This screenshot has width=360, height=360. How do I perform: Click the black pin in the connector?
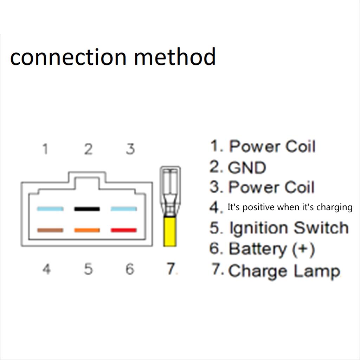click(x=87, y=209)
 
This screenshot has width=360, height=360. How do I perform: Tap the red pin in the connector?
click(x=124, y=230)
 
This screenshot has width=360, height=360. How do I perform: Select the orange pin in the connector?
click(x=87, y=230)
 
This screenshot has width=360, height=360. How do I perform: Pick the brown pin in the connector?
click(x=50, y=230)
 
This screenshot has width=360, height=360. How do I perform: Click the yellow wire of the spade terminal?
click(x=170, y=232)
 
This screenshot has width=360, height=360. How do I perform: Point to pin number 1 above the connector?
click(x=45, y=149)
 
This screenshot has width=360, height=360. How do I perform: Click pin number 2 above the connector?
click(x=88, y=149)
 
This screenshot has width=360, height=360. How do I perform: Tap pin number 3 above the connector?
click(x=130, y=149)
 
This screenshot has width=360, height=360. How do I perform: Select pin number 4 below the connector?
click(x=46, y=270)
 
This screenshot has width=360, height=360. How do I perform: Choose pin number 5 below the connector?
click(x=88, y=270)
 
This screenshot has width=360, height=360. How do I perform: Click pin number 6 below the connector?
click(x=130, y=270)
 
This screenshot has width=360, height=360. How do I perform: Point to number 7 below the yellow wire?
click(x=171, y=269)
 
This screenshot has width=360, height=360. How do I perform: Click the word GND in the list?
click(x=247, y=168)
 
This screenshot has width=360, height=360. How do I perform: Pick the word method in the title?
click(x=175, y=57)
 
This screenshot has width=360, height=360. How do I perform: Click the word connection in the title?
click(x=68, y=57)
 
